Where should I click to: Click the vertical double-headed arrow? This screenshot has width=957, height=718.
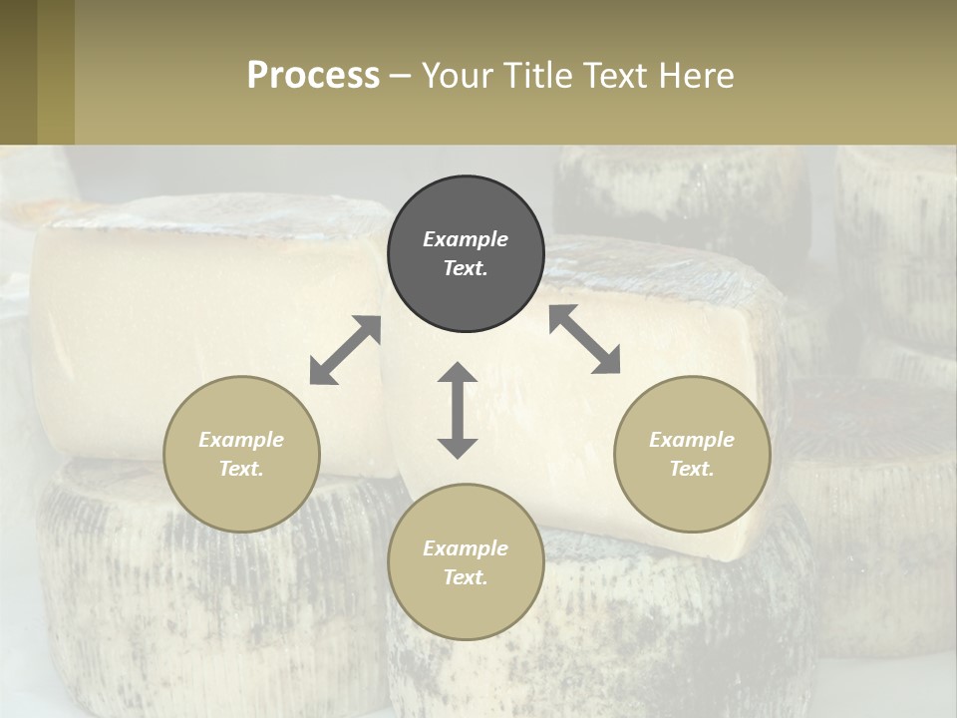[x=458, y=410]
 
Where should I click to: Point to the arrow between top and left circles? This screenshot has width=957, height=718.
[x=345, y=349]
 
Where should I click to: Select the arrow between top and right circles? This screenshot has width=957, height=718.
[x=585, y=339]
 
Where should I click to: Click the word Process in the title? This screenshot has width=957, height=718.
[x=313, y=76]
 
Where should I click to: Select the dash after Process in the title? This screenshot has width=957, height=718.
[x=400, y=76]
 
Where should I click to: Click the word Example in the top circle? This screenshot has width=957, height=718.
[x=466, y=239]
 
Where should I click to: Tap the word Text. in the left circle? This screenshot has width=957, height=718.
[x=241, y=469]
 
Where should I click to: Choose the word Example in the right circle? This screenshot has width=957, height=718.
[x=692, y=440]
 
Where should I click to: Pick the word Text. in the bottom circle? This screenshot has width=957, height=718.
[x=466, y=577]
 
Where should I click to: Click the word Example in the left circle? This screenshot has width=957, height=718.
[x=241, y=440]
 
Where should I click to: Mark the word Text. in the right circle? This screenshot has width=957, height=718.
[x=692, y=469]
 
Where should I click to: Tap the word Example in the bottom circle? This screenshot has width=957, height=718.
[x=466, y=548]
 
